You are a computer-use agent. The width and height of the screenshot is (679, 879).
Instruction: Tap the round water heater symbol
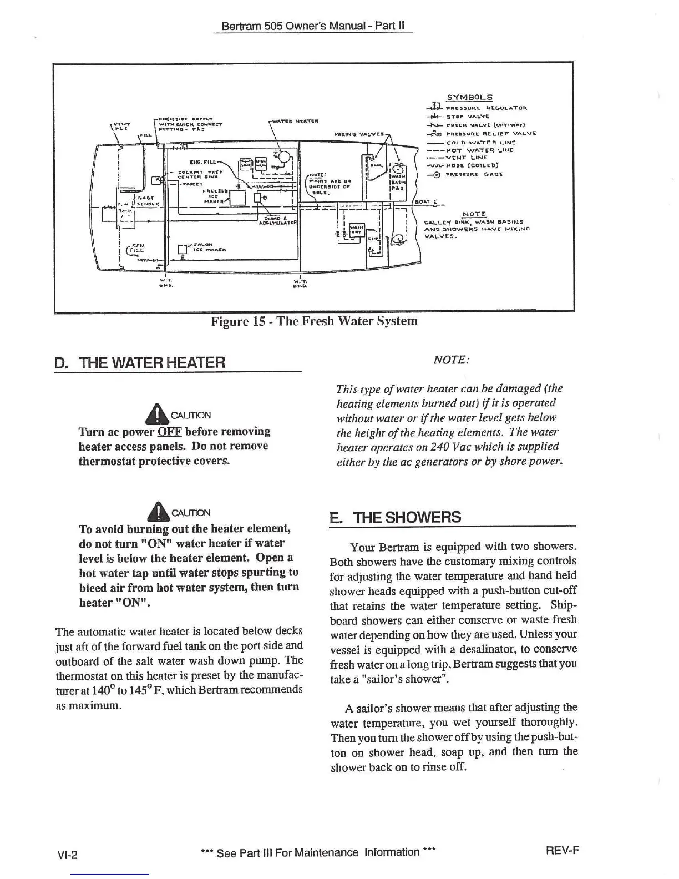pyautogui.click(x=285, y=157)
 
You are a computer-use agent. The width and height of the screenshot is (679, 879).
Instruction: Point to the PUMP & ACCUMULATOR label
pyautogui.click(x=278, y=221)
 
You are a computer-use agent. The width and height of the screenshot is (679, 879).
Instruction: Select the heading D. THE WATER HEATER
pyautogui.click(x=140, y=363)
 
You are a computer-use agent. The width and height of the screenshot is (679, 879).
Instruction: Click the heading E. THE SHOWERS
pyautogui.click(x=395, y=517)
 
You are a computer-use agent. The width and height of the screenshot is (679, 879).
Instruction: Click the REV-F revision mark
pyautogui.click(x=563, y=850)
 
